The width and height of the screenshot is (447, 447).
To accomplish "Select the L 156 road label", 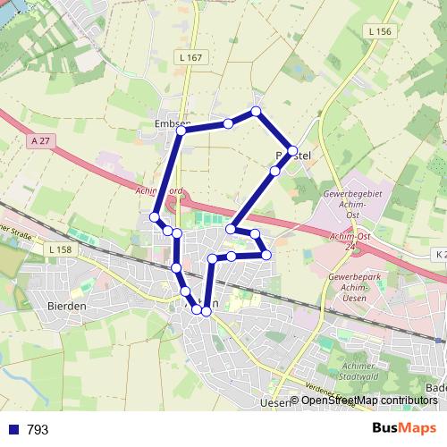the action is pos(379,31).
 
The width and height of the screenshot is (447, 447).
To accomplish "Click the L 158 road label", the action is pos(60,249).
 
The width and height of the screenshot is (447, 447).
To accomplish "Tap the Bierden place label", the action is pos(65,306).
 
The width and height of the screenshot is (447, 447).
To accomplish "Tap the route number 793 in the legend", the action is pos(38,429).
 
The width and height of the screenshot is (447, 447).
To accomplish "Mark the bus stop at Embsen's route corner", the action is pos(181,131).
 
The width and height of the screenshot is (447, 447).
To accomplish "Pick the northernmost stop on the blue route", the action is pos(257,112).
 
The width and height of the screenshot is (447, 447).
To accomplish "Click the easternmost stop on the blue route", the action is pos(292,149).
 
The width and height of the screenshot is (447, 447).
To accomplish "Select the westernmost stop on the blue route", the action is pos(155,217).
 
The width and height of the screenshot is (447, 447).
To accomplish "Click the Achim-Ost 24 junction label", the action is pos(350,240).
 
